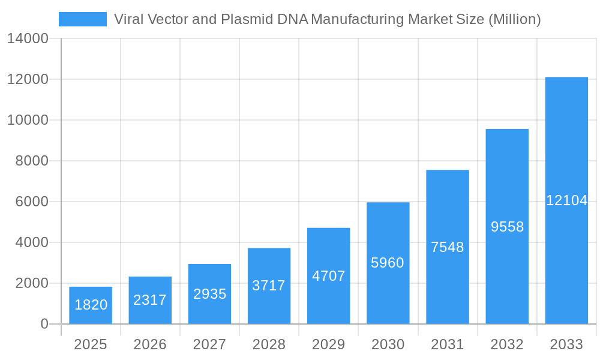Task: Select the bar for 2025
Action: click(91, 305)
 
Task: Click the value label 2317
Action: click(150, 300)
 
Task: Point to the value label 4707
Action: click(328, 276)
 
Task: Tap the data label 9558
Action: click(507, 227)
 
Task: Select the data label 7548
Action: click(448, 247)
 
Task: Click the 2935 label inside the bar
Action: click(209, 294)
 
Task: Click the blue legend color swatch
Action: click(83, 19)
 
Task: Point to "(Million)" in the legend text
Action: click(515, 19)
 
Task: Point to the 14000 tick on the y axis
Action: click(28, 38)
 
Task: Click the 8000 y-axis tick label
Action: click(31, 161)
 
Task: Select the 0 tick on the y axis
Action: click(44, 324)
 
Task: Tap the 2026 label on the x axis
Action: click(150, 344)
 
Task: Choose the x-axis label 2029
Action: click(328, 344)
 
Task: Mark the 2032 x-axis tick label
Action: click(507, 344)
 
